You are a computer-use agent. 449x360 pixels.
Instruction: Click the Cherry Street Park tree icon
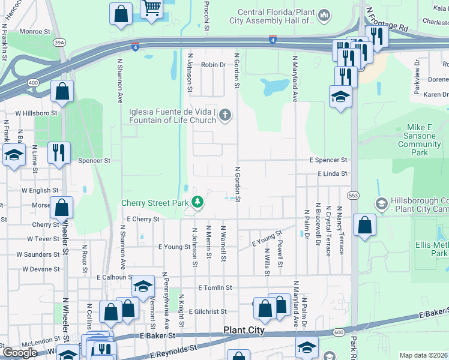click(x=196, y=203)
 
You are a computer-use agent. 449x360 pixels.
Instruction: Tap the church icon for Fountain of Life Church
click(x=225, y=115)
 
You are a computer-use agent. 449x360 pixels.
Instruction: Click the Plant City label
click(x=244, y=330)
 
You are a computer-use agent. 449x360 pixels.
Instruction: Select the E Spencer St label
click(x=328, y=160)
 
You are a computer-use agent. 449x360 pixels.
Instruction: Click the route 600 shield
click(x=340, y=332)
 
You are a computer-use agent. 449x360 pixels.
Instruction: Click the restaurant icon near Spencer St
click(x=59, y=151)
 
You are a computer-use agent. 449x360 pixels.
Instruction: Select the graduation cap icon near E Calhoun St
click(x=143, y=286)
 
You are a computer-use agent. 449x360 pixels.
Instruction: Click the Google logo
click(x=20, y=352)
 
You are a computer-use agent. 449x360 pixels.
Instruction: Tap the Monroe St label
click(x=35, y=31)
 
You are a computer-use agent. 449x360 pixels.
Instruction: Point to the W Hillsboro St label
click(x=36, y=112)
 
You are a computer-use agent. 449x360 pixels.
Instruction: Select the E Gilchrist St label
click(x=207, y=311)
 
